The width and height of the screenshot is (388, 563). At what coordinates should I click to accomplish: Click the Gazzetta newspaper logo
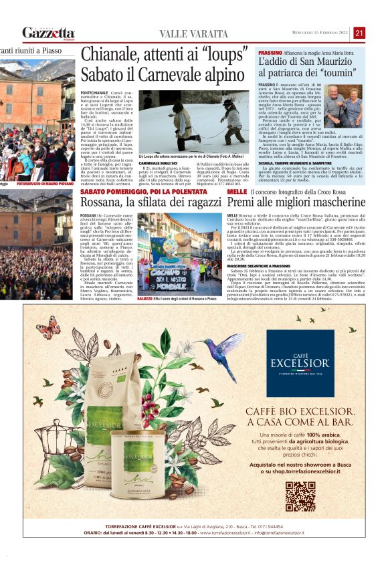pyautogui.click(x=48, y=33)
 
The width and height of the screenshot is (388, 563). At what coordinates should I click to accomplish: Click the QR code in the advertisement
pyautogui.click(x=300, y=495)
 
